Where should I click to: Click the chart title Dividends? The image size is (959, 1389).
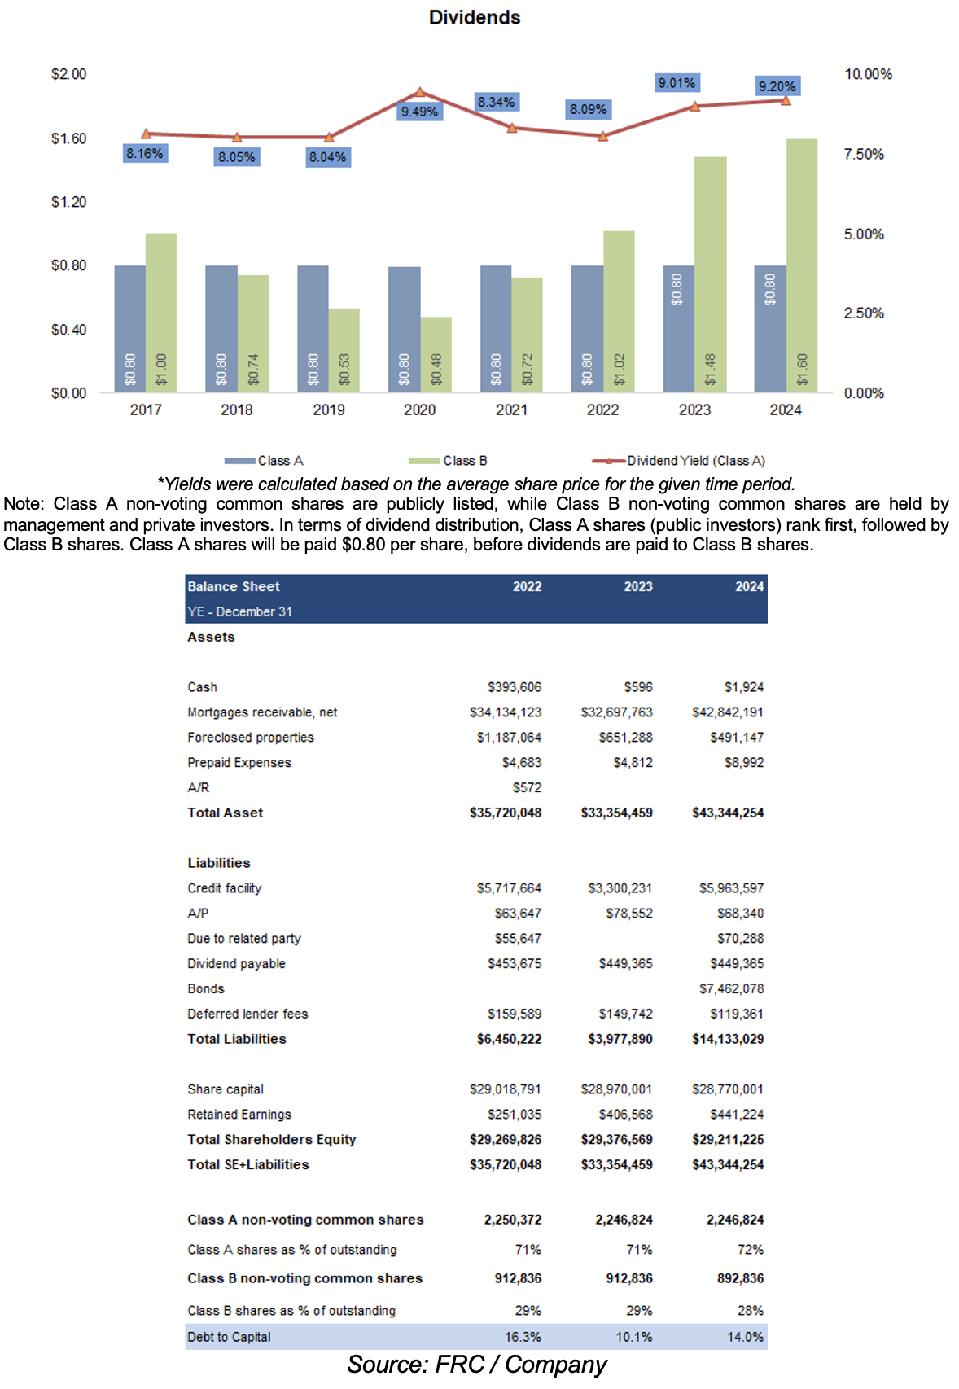tap(475, 18)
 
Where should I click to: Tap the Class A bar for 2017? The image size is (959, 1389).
tap(130, 329)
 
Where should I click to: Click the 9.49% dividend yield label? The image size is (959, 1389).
tap(419, 112)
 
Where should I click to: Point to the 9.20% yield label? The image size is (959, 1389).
tap(777, 86)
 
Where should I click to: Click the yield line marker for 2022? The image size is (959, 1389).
tap(602, 137)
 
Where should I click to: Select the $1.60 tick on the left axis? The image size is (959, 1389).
tap(68, 138)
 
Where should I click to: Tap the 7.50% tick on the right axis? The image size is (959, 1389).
tap(864, 155)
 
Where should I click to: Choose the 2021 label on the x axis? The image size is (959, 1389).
tap(511, 410)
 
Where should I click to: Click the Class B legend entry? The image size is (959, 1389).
tap(464, 461)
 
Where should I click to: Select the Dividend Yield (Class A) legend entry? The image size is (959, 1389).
tap(695, 461)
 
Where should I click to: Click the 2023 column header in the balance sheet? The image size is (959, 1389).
tap(638, 586)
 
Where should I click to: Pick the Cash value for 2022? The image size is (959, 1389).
tap(515, 687)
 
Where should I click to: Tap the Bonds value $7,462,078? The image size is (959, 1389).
tap(731, 988)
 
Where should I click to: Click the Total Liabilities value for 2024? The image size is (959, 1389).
tap(728, 1039)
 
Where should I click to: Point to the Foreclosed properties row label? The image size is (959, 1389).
tap(250, 738)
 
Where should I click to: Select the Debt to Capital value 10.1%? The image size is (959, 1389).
tap(633, 1337)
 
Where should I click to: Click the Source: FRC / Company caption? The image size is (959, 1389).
tap(477, 1365)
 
